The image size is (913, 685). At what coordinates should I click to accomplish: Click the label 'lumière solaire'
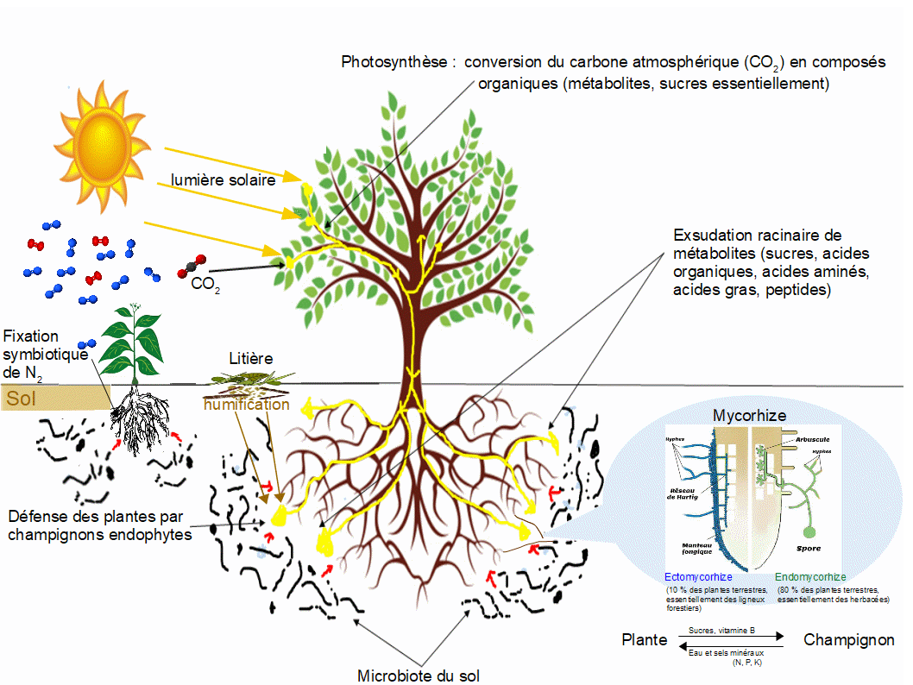point(223,180)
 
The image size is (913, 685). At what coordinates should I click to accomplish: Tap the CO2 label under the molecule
point(205,284)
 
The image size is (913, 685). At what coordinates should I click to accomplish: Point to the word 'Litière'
point(251,357)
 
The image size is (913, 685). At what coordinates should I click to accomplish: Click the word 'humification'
point(246,404)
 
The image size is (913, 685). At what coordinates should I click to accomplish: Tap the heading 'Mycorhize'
point(749,416)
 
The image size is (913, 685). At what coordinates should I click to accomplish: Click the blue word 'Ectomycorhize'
point(698,576)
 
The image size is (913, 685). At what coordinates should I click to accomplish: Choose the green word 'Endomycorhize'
point(810,576)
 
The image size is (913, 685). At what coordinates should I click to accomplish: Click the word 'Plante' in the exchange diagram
point(645,640)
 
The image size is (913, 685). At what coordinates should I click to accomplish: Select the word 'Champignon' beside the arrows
point(849,640)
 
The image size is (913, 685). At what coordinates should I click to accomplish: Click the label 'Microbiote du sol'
point(418,676)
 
